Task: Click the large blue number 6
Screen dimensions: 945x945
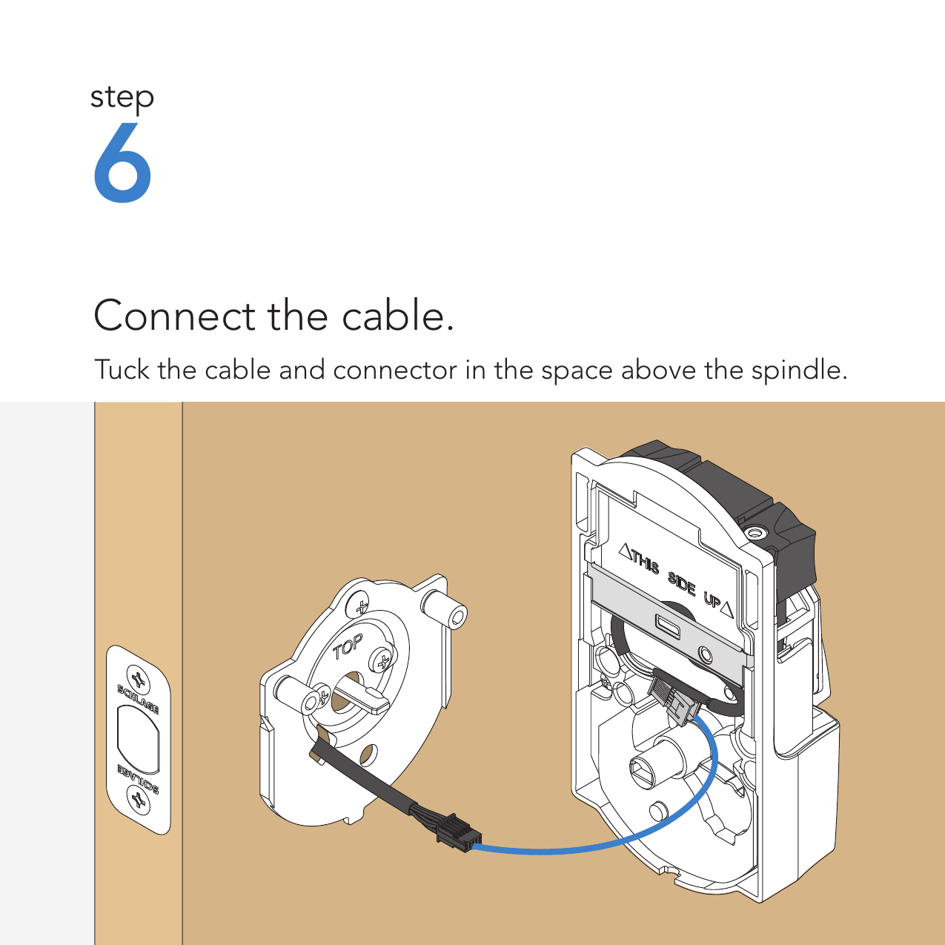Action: tap(122, 162)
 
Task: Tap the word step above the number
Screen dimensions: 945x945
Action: tap(122, 98)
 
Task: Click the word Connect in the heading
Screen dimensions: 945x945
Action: tap(175, 316)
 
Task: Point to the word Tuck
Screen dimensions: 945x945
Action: tap(122, 369)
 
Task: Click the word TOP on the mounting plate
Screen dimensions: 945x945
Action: tap(348, 647)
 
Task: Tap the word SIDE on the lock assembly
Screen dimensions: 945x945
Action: tap(682, 583)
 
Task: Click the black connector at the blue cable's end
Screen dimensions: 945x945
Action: tap(460, 832)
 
